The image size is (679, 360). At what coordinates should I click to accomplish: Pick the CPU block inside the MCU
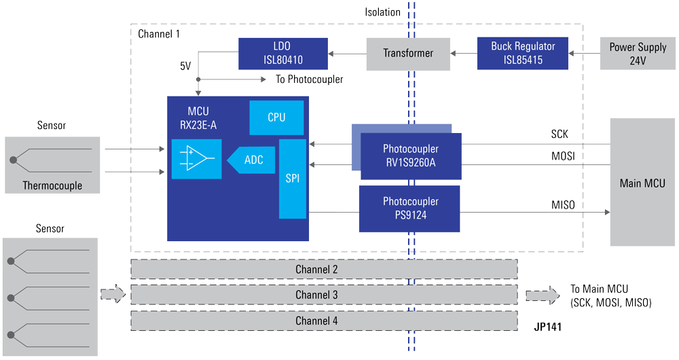coord(276,118)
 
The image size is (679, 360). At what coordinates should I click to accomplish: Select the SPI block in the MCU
coord(293,179)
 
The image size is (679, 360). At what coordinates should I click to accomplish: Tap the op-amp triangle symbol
coord(197,159)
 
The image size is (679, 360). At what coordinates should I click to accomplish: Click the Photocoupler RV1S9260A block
coord(410,156)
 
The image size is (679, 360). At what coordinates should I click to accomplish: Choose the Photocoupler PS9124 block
coord(409,208)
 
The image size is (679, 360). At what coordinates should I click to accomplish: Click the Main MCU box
coord(642,183)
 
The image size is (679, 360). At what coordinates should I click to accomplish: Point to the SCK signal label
coord(559,134)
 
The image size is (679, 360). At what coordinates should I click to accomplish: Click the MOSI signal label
coord(563,156)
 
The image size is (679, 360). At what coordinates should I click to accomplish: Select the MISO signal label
coord(563,204)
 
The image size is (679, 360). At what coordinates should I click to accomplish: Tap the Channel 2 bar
coord(324,270)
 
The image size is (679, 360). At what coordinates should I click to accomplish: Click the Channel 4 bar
coord(324,321)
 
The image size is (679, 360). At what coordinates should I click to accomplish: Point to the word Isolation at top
coord(382,12)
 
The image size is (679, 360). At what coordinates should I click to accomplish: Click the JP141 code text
coord(547,327)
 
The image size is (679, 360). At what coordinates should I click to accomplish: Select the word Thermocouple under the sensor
coord(52,185)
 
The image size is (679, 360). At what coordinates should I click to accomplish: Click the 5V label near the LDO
coord(185,67)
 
